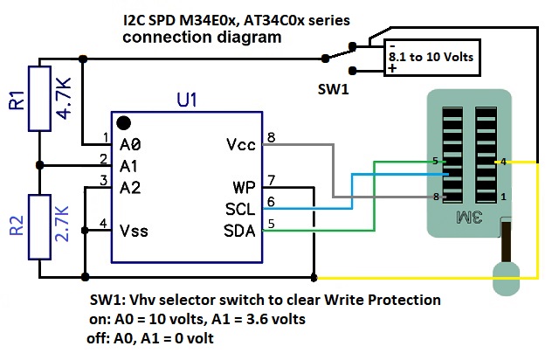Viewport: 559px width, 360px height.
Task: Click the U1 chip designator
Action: click(186, 100)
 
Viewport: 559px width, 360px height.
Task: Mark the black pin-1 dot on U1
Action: click(125, 123)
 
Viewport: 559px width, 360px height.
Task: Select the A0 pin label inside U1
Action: click(131, 143)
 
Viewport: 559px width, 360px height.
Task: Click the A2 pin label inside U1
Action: click(131, 186)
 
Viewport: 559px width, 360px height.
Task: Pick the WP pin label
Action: click(244, 188)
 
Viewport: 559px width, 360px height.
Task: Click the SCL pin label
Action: click(240, 210)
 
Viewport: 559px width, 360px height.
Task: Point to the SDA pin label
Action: click(240, 231)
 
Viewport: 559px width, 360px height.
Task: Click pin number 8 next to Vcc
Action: click(272, 137)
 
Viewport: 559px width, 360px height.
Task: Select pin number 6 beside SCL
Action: click(272, 202)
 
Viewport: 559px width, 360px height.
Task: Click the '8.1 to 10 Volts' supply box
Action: click(431, 57)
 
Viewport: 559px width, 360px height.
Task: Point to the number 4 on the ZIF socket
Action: click(504, 161)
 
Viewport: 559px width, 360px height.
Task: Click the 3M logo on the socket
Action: click(470, 216)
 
